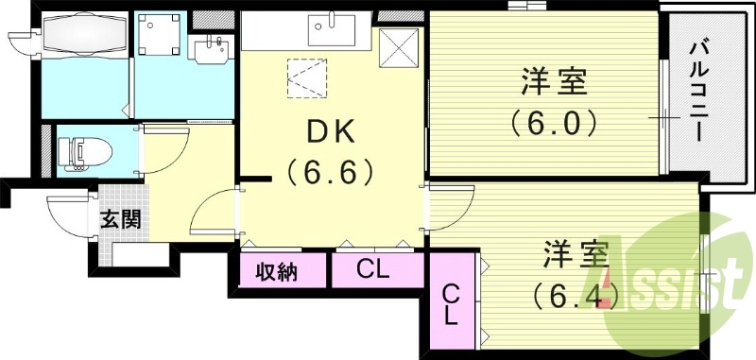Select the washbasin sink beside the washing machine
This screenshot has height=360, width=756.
click(x=210, y=47)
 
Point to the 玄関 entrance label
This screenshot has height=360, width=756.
click(x=121, y=220)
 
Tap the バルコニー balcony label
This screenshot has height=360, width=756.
click(x=700, y=90)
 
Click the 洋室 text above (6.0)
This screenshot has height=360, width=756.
click(x=554, y=82)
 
